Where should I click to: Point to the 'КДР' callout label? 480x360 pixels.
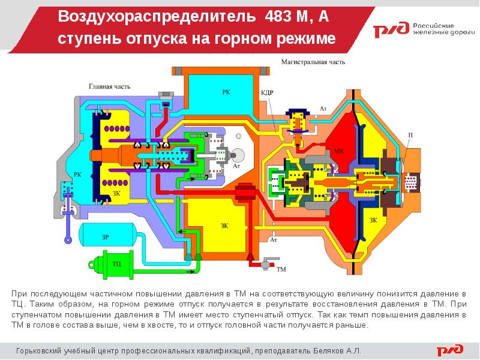pyautogui.click(x=267, y=93)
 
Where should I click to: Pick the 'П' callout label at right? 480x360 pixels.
pyautogui.click(x=410, y=135)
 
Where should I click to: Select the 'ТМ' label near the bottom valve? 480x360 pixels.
pyautogui.click(x=281, y=269)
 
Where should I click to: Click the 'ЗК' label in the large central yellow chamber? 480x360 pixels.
pyautogui.click(x=225, y=226)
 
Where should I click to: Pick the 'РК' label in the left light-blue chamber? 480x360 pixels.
pyautogui.click(x=77, y=175)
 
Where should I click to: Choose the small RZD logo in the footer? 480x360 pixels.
pyautogui.click(x=449, y=350)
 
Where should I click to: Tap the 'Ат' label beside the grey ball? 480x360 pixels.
pyautogui.click(x=236, y=165)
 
